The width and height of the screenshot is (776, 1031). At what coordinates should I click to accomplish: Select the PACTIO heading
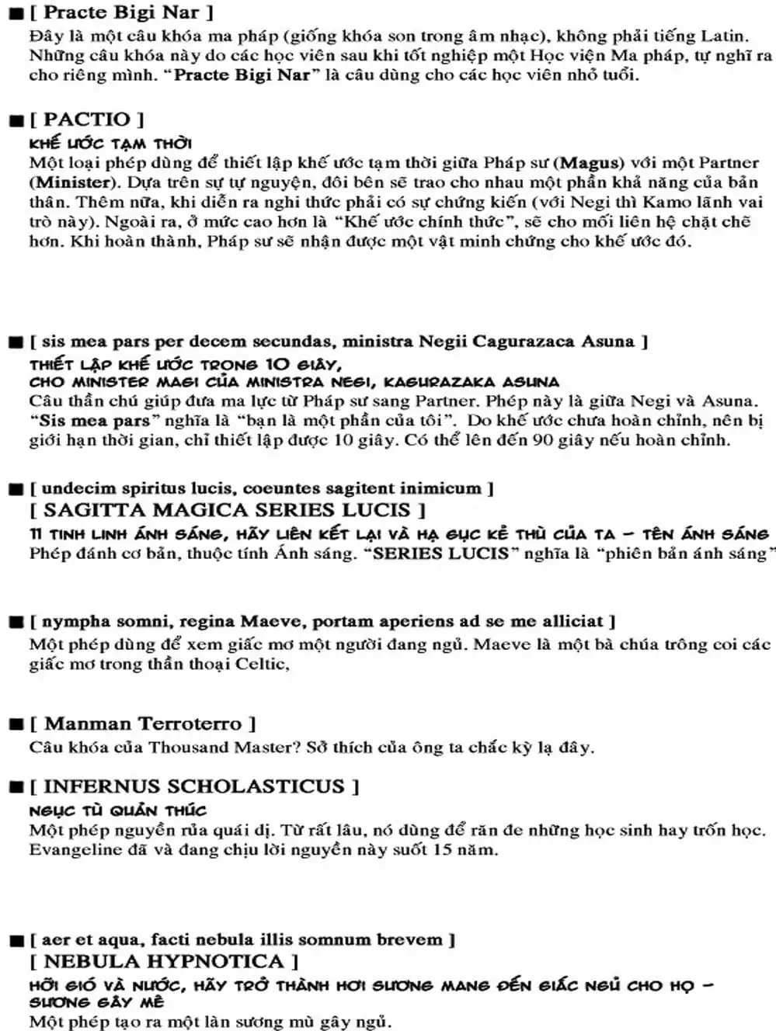86,120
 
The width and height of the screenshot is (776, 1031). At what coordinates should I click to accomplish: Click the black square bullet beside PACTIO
16,120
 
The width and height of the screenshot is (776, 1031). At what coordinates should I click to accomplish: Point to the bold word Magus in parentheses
591,163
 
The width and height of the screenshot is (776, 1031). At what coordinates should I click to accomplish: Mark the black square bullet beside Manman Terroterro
16,724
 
